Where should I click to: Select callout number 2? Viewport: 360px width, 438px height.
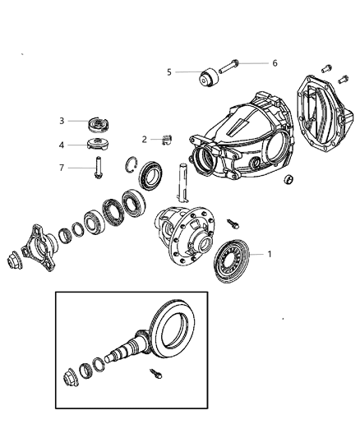(x=144, y=140)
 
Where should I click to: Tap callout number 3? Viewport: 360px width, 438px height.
(x=61, y=122)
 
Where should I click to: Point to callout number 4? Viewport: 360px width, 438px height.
(x=61, y=145)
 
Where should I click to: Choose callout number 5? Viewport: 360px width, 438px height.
(x=169, y=72)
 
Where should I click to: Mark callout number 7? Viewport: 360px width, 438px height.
(x=61, y=168)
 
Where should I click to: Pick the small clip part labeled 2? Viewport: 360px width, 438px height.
(x=167, y=139)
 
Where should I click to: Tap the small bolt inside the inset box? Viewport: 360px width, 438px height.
(x=156, y=375)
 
